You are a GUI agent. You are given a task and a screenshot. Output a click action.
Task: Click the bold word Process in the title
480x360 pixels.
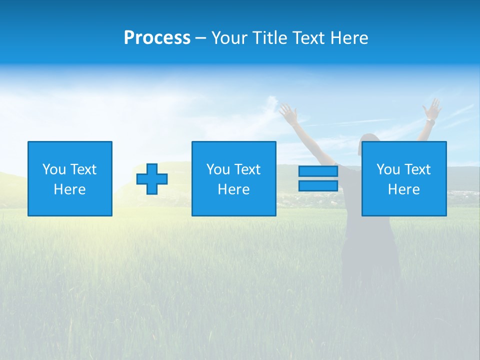point(157,38)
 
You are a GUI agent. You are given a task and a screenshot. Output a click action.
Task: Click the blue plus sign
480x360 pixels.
point(152,179)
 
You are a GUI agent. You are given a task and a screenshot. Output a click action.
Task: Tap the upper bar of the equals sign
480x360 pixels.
point(318,171)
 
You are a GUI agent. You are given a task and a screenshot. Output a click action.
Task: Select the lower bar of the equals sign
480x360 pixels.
point(318,186)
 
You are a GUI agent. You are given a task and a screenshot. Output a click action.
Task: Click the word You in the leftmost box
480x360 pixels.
point(54,169)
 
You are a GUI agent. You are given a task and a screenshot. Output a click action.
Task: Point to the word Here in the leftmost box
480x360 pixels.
point(69,189)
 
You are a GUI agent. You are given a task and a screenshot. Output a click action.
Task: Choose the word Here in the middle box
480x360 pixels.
point(233,189)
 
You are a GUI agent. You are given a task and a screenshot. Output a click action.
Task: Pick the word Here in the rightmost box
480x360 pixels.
point(403,189)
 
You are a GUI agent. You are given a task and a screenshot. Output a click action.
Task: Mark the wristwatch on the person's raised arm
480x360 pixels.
point(430,122)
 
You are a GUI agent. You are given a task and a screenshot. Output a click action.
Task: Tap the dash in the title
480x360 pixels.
point(201,38)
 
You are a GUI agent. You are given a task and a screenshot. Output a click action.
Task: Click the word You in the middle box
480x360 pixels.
point(218,169)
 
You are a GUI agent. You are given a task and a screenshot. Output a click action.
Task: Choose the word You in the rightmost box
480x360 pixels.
point(388,169)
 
